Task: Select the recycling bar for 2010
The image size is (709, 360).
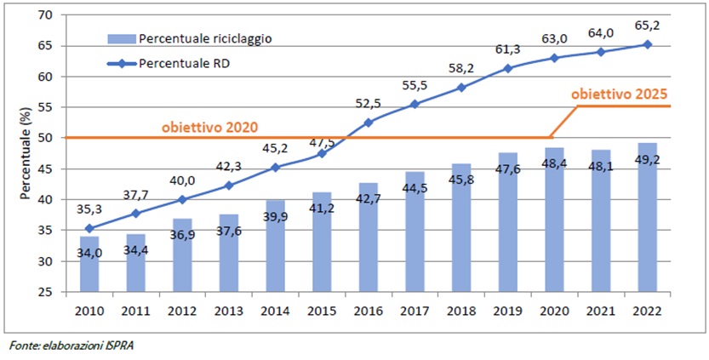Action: [89, 265]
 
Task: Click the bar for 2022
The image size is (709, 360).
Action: [648, 218]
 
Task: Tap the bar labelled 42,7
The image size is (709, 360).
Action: [369, 238]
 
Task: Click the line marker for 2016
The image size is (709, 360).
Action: [369, 123]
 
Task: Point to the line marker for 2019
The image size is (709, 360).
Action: [508, 68]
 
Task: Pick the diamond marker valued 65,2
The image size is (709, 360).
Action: [648, 44]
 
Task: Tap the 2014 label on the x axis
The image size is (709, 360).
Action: [276, 311]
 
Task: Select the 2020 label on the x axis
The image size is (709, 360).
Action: [555, 311]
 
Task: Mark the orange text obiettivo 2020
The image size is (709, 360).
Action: [209, 126]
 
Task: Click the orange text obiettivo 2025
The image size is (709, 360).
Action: [620, 95]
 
